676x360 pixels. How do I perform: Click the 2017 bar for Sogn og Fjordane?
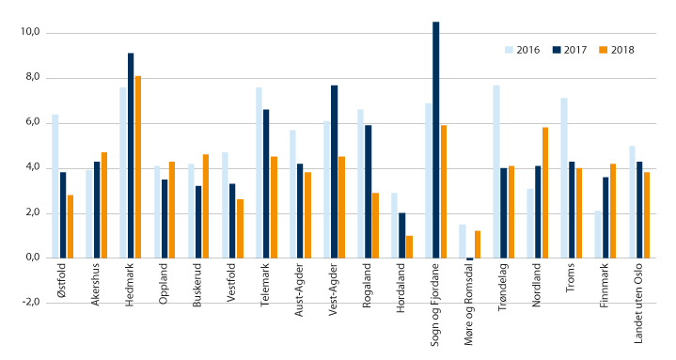click(x=435, y=139)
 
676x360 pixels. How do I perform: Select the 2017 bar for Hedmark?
click(x=131, y=155)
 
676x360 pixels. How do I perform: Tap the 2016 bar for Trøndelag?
click(x=495, y=171)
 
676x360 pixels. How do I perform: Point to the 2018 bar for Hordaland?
click(x=410, y=246)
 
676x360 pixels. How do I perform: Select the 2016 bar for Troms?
click(x=564, y=178)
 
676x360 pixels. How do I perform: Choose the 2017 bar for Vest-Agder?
click(x=334, y=171)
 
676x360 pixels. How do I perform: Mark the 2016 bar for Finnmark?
click(x=598, y=234)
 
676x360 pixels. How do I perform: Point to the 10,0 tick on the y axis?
click(x=29, y=32)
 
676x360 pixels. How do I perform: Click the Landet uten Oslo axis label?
click(x=644, y=302)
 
